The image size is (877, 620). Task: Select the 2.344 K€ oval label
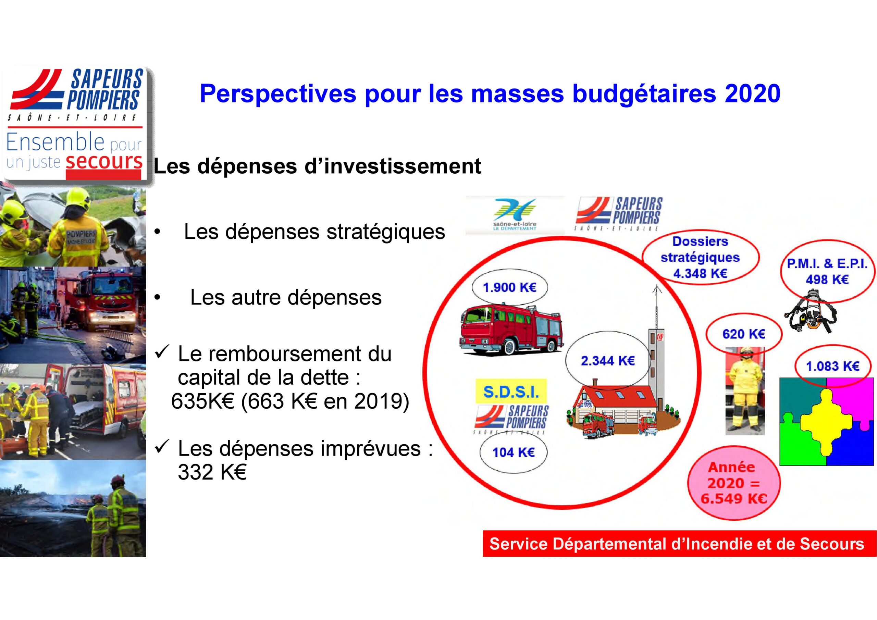point(608,361)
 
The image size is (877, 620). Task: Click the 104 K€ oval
point(514,452)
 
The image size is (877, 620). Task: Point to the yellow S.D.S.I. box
point(511,392)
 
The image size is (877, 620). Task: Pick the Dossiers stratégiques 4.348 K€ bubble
point(700,258)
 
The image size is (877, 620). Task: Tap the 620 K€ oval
point(743,334)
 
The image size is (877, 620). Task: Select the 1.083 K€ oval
point(833,366)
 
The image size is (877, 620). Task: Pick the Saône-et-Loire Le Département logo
point(515,215)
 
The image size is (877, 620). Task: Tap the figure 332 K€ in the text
point(212,472)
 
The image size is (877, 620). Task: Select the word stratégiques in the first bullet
point(386,232)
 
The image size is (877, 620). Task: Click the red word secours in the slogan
point(104,161)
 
